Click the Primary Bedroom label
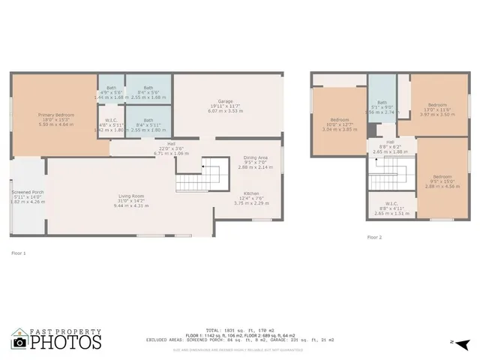[53, 115]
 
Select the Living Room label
[130, 196]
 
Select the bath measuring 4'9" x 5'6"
[111, 88]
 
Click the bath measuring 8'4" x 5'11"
[148, 120]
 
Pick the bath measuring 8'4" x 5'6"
[148, 88]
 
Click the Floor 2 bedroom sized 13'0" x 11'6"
[436, 105]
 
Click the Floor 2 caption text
[374, 237]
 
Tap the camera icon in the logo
[20, 342]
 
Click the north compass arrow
[463, 343]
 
